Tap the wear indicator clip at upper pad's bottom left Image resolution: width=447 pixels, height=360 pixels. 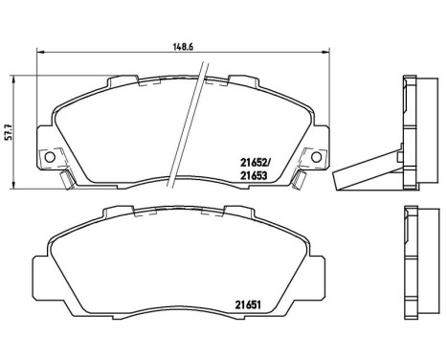coord(63,180)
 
